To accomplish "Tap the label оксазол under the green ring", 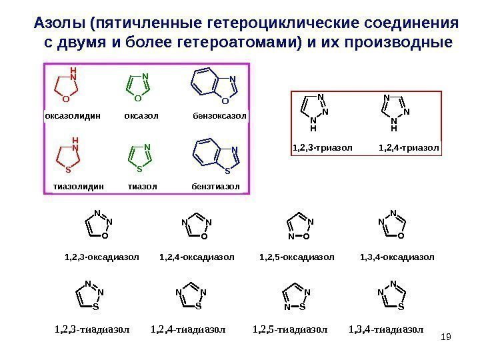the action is tap(141, 116).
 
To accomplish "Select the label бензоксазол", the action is tap(219, 116).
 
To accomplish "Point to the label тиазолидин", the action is tap(79, 185).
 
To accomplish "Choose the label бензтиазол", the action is tap(215, 185).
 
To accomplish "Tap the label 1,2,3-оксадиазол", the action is tap(101, 256).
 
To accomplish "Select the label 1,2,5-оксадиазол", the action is tap(297, 256).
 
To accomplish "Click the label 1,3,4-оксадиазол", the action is tap(397, 256).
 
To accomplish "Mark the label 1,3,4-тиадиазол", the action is tap(387, 329).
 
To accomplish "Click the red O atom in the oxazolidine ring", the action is tap(65, 99).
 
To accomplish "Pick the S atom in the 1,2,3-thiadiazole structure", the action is tap(95, 307).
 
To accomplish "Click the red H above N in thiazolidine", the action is tap(75, 141).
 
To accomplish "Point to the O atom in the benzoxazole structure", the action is tap(225, 101).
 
